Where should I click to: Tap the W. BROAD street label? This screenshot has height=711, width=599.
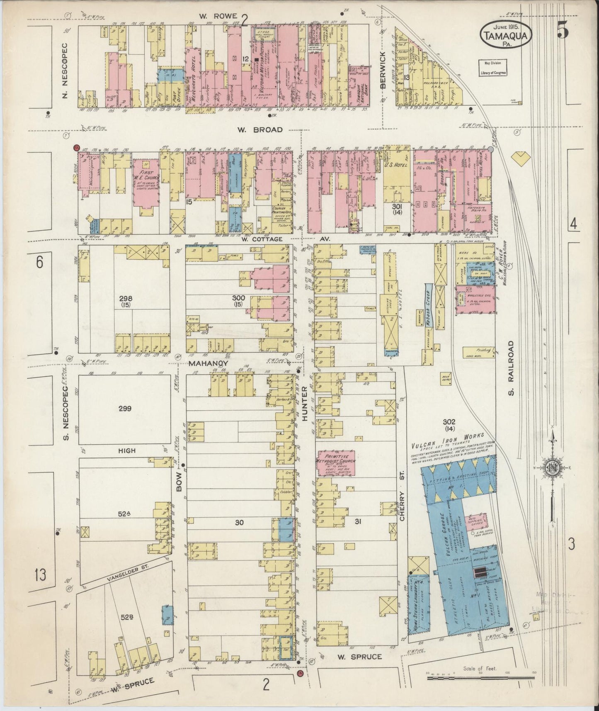[260, 130]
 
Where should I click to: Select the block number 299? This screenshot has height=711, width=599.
[125, 409]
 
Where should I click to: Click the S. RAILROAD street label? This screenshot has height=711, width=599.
[511, 368]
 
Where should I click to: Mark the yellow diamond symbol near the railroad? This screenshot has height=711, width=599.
[521, 157]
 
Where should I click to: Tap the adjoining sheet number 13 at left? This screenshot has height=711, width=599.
[40, 575]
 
